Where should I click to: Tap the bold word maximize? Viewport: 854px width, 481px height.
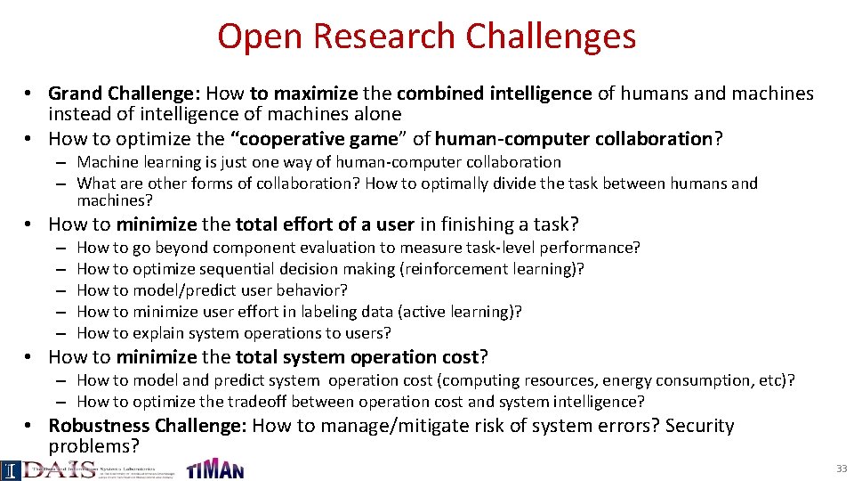coord(316,94)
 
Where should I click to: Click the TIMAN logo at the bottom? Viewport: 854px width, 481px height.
coord(214,469)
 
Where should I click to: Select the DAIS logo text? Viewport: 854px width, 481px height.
coord(57,469)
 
